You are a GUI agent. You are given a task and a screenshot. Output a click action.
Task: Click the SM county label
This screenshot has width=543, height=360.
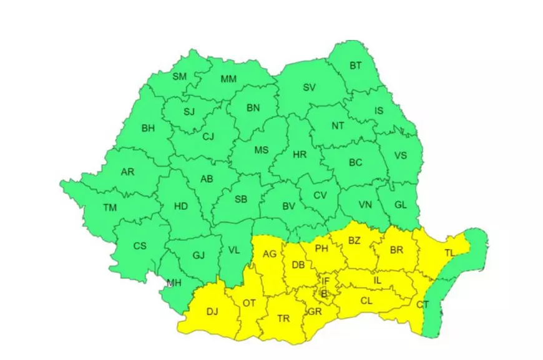(179, 77)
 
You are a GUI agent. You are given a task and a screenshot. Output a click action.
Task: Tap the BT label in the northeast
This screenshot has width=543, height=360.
(355, 66)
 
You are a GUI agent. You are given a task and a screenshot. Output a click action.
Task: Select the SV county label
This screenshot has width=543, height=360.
(310, 88)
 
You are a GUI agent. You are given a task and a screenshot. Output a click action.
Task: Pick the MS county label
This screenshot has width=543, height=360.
(261, 150)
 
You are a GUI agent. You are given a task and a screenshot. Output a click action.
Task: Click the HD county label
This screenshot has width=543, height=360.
(181, 205)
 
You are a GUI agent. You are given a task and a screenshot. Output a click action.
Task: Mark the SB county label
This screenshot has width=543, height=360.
(241, 200)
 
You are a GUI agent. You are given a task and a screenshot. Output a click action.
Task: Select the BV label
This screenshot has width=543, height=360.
(288, 205)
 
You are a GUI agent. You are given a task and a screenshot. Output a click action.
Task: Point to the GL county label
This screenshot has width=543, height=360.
(401, 204)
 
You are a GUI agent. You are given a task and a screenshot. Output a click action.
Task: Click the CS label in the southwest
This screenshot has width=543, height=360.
(140, 246)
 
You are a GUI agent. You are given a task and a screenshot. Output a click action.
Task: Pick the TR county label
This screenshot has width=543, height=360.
(283, 319)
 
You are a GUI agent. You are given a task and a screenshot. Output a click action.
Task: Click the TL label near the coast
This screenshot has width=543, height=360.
(450, 253)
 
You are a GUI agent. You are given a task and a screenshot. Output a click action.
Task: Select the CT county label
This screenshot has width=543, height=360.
(423, 304)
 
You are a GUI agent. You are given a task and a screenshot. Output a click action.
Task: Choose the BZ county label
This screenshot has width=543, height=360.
(355, 240)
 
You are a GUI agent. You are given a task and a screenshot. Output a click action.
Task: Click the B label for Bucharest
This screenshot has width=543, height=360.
(323, 293)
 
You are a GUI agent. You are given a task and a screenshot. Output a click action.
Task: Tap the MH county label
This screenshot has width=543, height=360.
(173, 283)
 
